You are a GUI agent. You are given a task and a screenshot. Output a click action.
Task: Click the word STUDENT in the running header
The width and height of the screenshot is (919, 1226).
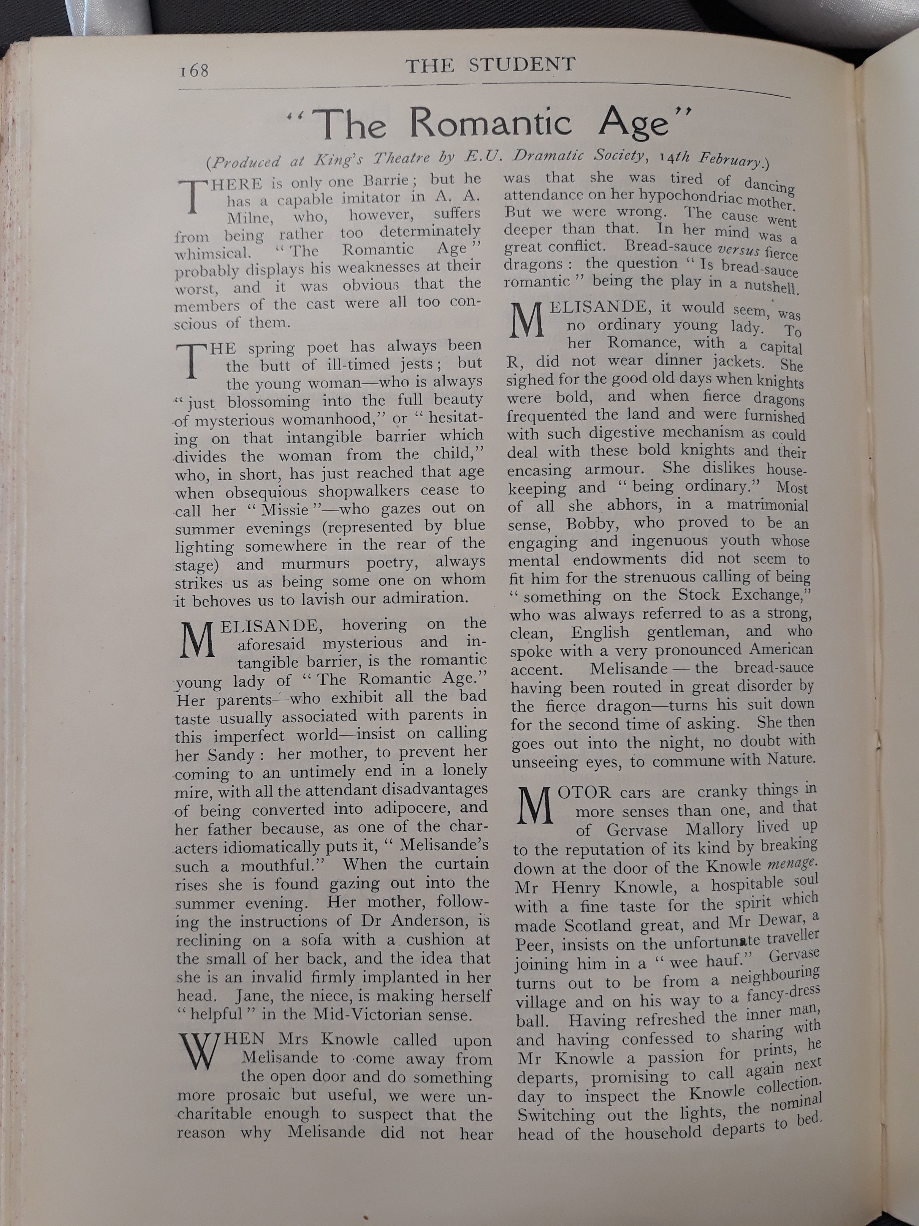pyautogui.click(x=522, y=65)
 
